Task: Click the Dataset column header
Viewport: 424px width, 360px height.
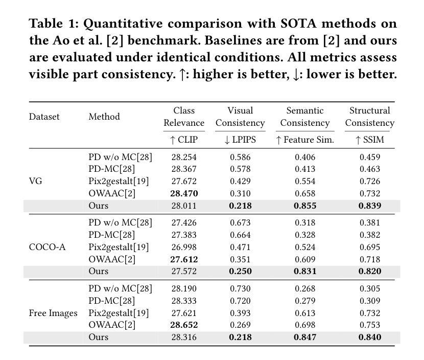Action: click(x=44, y=117)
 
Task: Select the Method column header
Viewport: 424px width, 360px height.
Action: click(x=104, y=117)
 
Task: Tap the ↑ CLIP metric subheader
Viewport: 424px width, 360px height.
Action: click(x=184, y=140)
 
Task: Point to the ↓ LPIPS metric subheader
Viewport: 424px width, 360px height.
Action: click(x=240, y=140)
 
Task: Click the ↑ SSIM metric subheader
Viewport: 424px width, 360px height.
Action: click(x=369, y=140)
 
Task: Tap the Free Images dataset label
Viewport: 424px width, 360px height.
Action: click(x=53, y=313)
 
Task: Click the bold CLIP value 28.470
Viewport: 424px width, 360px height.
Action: click(x=184, y=193)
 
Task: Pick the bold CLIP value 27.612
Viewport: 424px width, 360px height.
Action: click(x=184, y=259)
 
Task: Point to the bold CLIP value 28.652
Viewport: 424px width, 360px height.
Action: click(x=184, y=325)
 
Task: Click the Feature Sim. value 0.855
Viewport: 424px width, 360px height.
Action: click(x=305, y=206)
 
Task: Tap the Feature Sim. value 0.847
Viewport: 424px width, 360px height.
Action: click(x=305, y=337)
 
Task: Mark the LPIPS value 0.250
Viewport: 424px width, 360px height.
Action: click(x=240, y=272)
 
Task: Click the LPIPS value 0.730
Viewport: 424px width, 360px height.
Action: click(x=240, y=288)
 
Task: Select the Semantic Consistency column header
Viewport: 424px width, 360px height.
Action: click(x=305, y=117)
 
